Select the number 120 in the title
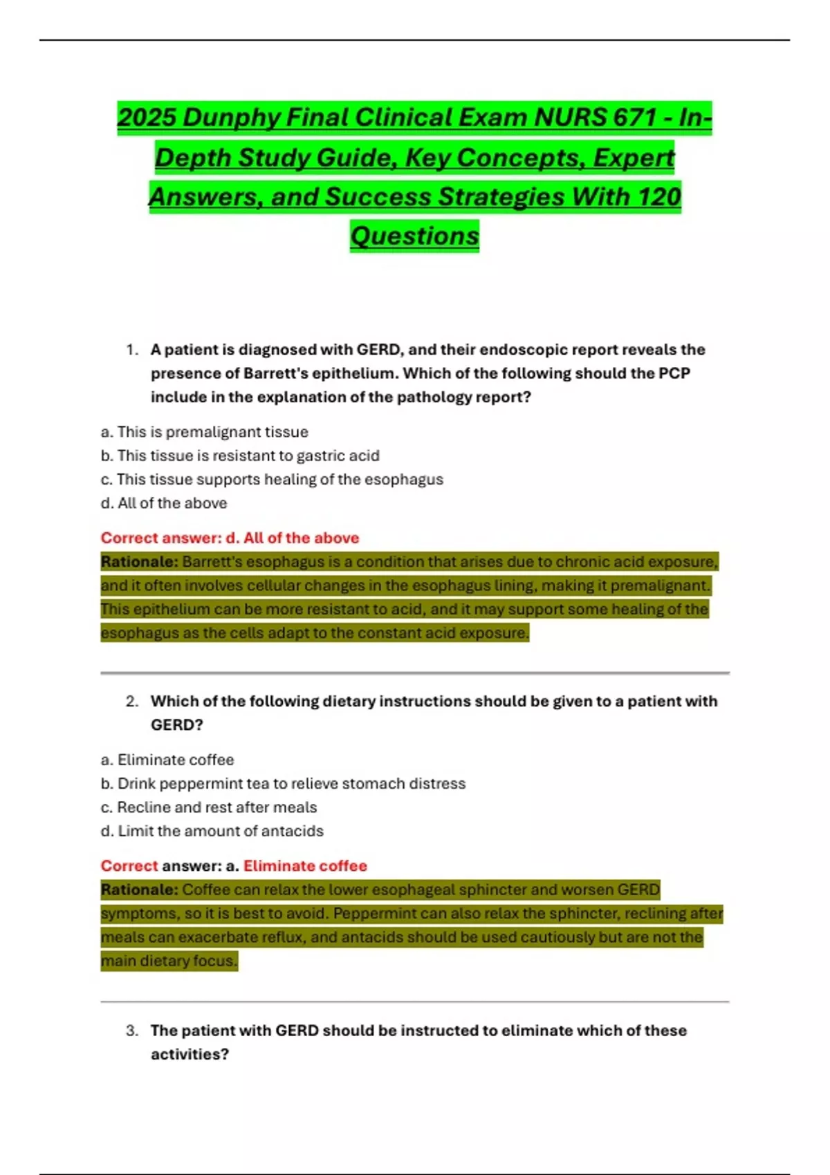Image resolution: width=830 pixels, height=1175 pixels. click(x=659, y=197)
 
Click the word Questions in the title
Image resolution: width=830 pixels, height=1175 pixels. click(x=414, y=236)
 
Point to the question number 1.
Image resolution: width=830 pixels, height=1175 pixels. click(x=132, y=350)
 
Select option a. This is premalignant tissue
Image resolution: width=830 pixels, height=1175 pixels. click(x=205, y=432)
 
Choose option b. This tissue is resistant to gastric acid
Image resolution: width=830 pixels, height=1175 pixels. click(x=240, y=455)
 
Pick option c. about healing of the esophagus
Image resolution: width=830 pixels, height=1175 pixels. click(x=272, y=479)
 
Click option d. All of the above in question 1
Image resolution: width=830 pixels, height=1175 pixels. click(x=164, y=503)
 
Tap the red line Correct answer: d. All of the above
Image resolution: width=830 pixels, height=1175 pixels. click(x=230, y=538)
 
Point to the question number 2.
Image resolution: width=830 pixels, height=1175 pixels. click(x=132, y=702)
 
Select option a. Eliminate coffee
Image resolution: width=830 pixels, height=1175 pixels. click(x=167, y=760)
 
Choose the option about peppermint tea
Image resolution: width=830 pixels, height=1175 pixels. click(x=283, y=784)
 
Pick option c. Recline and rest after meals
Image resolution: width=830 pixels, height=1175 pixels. click(x=209, y=807)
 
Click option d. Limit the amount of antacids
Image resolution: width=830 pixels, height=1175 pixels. click(x=212, y=831)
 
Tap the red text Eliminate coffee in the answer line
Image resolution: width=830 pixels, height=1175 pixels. click(x=305, y=866)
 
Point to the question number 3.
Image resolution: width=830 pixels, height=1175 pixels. click(x=132, y=1031)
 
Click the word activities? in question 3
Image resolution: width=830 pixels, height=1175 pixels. click(x=190, y=1054)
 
